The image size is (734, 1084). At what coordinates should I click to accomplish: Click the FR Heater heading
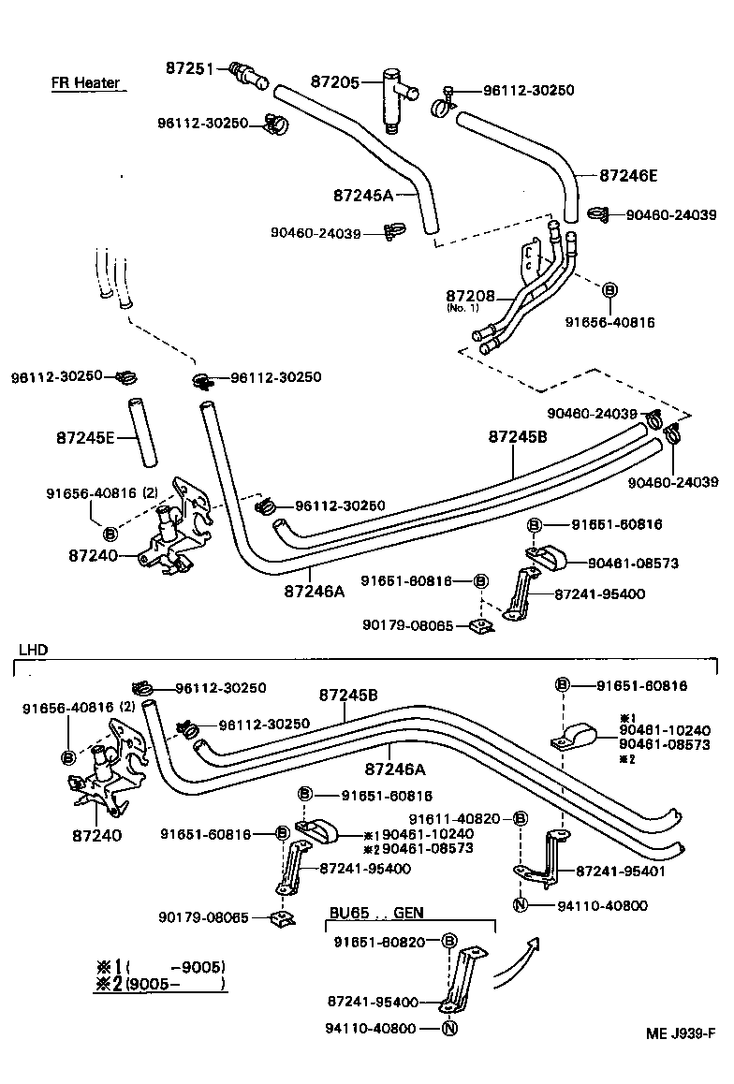pyautogui.click(x=85, y=82)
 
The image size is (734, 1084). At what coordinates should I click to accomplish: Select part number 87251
pyautogui.click(x=194, y=67)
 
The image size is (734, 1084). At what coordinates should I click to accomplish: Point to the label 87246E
pyautogui.click(x=628, y=174)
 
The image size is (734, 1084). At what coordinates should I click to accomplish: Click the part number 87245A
pyautogui.click(x=361, y=196)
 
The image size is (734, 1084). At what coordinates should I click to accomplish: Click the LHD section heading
pyautogui.click(x=33, y=649)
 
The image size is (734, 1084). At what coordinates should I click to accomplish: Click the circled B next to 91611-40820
pyautogui.click(x=521, y=819)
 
